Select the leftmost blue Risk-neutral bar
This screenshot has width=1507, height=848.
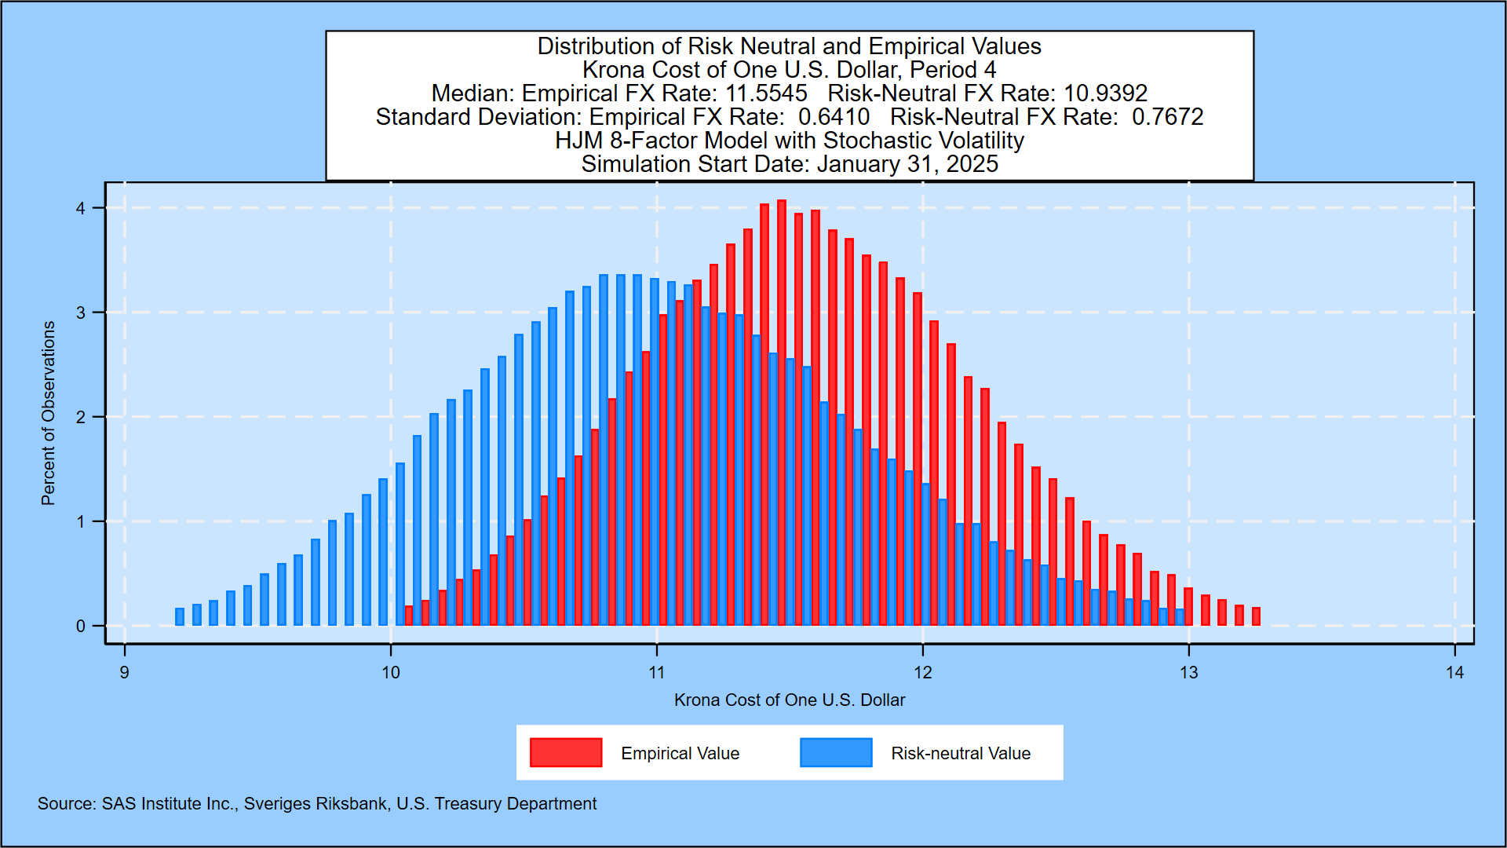point(180,616)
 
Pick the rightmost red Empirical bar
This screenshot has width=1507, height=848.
point(1256,616)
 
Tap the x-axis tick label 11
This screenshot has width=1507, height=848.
point(657,673)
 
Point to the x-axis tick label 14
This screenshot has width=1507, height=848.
point(1454,673)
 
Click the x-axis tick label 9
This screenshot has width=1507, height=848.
point(125,673)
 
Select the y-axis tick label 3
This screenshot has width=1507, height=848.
point(81,313)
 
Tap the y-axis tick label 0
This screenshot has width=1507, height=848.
point(81,626)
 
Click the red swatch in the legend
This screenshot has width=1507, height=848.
point(566,752)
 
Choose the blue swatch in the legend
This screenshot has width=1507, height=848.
point(836,752)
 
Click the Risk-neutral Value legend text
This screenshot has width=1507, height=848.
point(960,753)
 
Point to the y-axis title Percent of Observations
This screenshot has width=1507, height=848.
point(49,413)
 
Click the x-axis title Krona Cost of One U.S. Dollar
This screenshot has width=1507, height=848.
point(789,700)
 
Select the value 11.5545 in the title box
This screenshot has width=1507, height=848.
point(766,93)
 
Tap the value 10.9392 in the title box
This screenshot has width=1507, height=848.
point(1105,93)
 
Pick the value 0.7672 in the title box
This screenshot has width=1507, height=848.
point(1167,117)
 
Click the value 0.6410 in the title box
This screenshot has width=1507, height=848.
point(834,117)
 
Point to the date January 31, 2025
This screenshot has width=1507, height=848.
point(907,164)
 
